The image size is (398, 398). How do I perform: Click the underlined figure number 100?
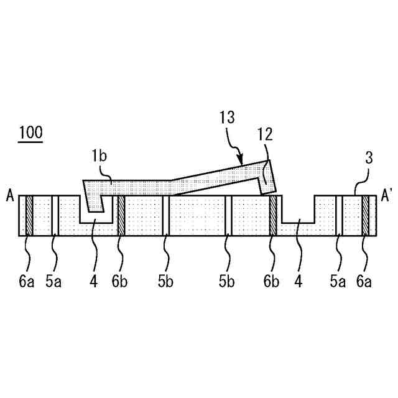(30, 132)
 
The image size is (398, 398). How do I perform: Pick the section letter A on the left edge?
(11, 197)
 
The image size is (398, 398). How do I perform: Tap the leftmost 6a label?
(26, 282)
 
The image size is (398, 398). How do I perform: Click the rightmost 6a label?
(365, 282)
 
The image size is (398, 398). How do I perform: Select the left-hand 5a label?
(54, 282)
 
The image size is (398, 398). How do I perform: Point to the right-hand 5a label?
(338, 282)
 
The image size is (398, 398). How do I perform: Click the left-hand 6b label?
(120, 282)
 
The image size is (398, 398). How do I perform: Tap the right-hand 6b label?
(271, 282)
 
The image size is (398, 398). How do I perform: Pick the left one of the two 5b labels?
(165, 282)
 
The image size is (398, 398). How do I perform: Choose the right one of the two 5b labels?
(227, 282)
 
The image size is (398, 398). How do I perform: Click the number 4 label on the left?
(93, 282)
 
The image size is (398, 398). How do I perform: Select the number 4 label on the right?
(298, 282)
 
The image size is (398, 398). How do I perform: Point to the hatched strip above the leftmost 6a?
(29, 216)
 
